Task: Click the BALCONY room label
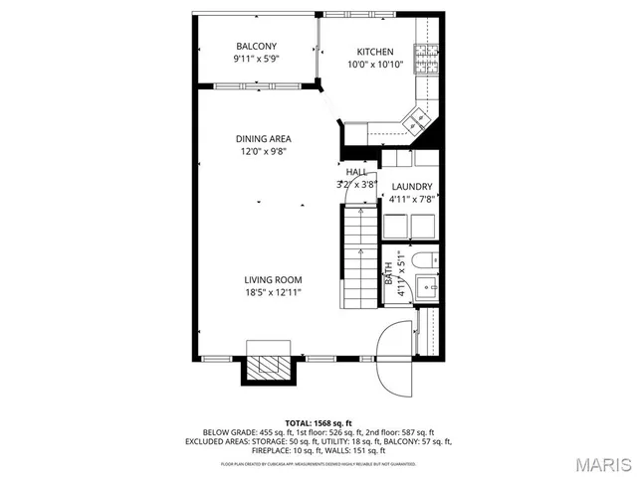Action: coord(256,47)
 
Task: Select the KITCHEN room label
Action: coord(375,52)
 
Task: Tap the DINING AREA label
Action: coord(263,139)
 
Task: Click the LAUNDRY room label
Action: coord(411,187)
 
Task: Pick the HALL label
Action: coord(356,172)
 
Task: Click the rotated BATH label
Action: coord(389,270)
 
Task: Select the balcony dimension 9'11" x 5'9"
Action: coord(256,60)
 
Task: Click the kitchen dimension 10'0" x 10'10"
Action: coord(375,65)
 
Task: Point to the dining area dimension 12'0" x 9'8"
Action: coord(263,152)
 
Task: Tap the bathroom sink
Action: coord(429,289)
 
